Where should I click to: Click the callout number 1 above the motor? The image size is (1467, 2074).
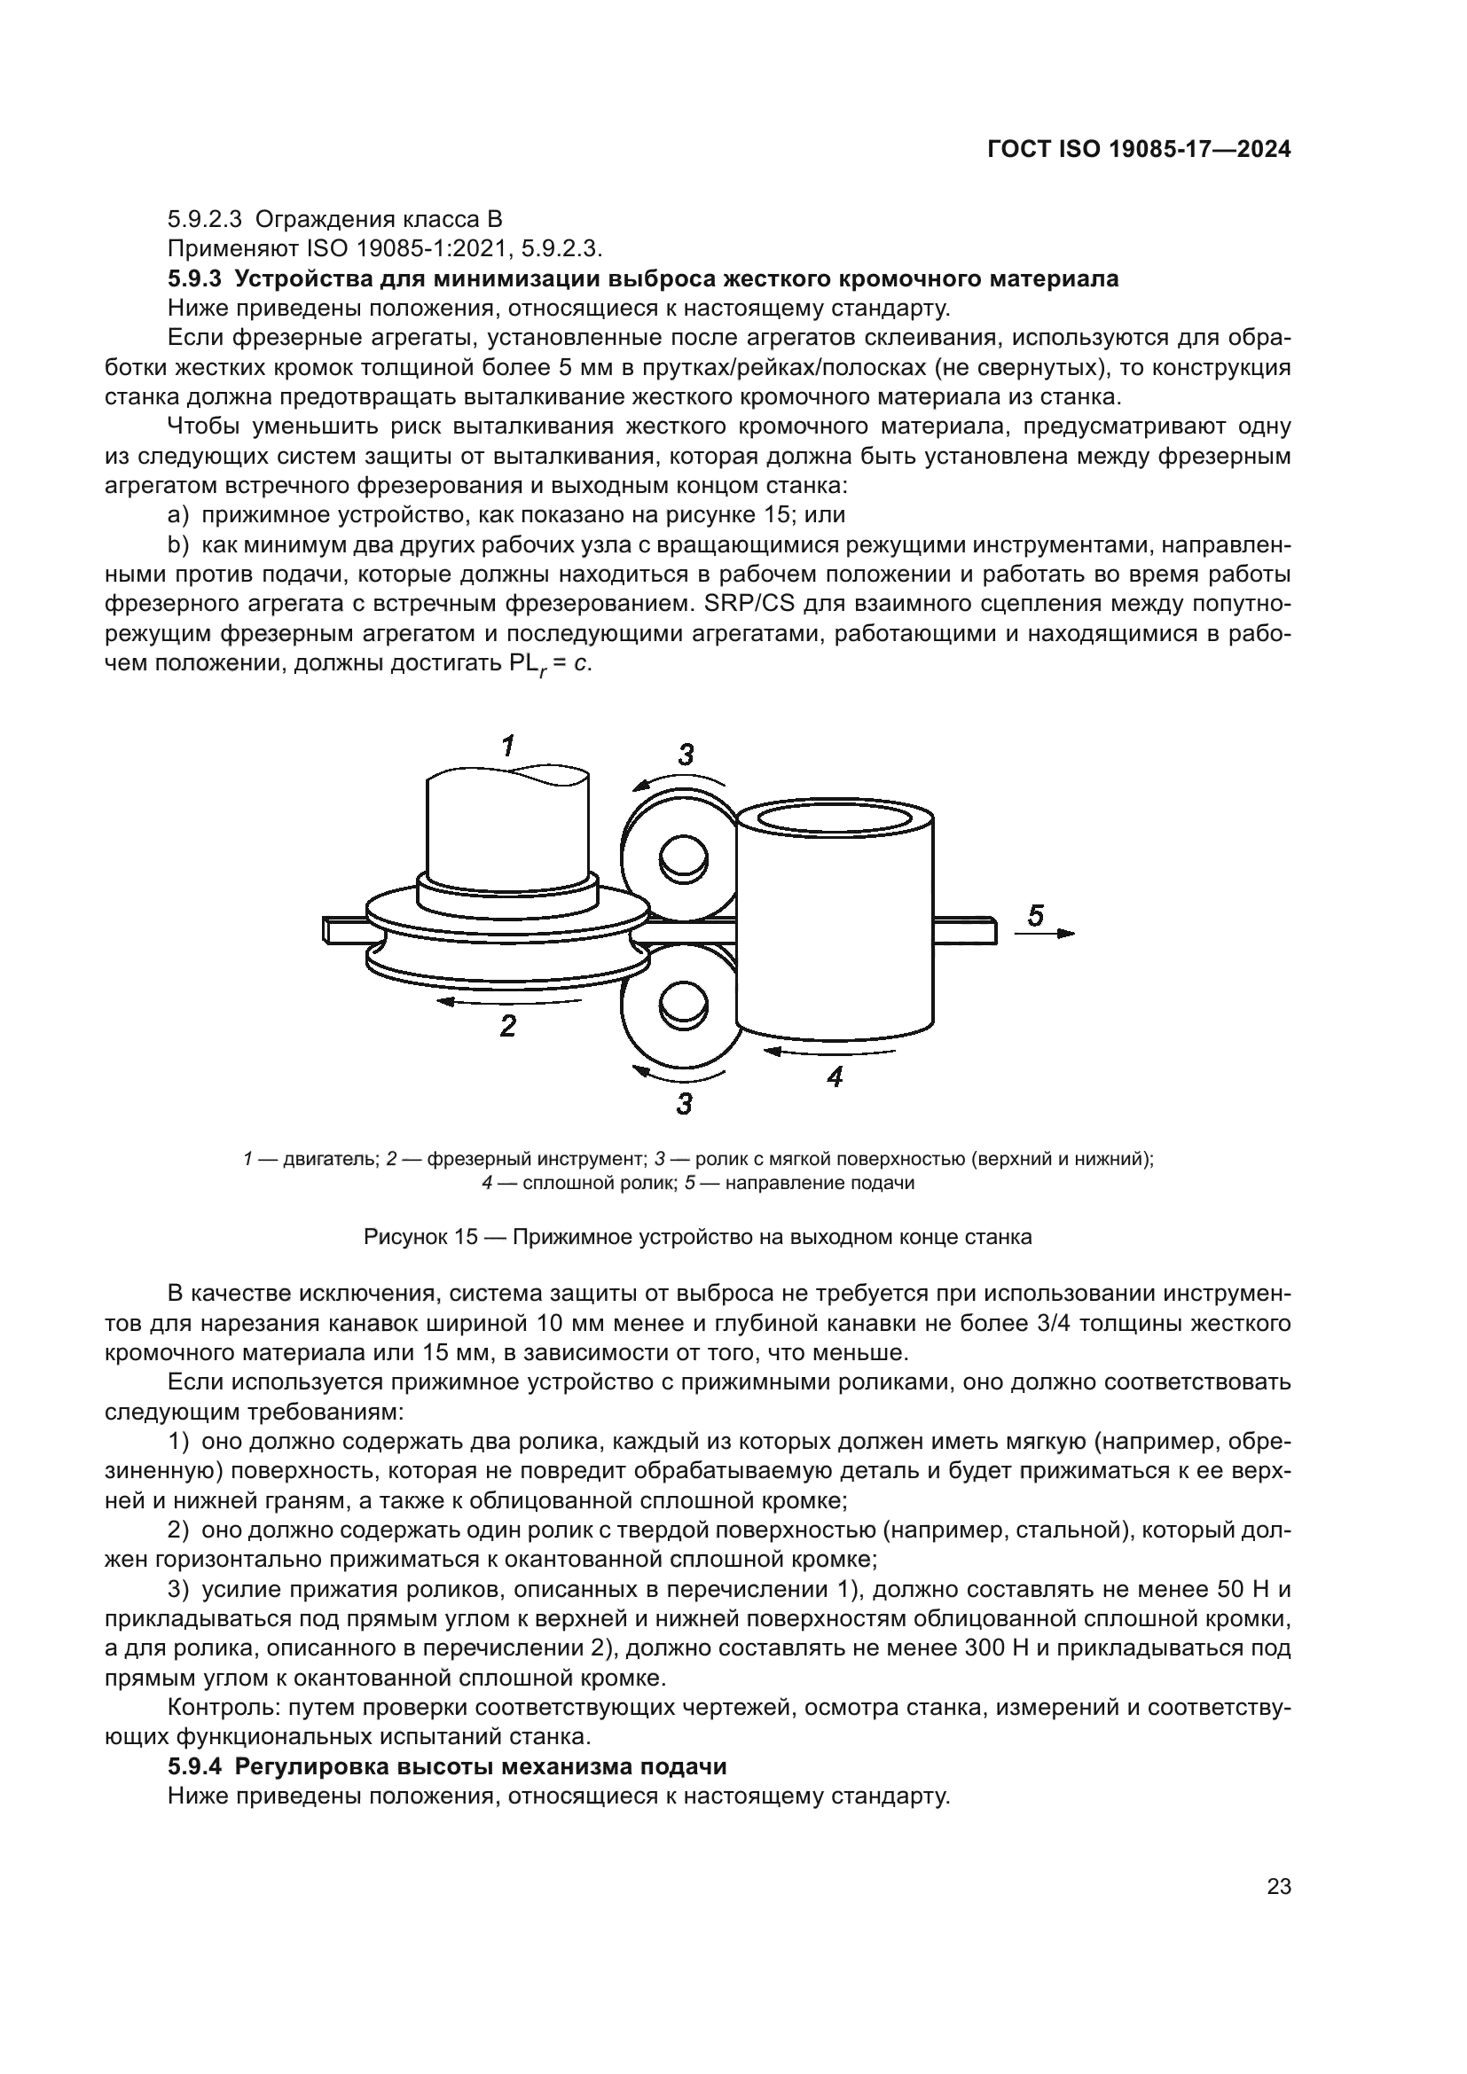coord(508,746)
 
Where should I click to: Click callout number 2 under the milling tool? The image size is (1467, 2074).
coord(508,1025)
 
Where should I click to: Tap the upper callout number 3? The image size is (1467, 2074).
coord(686,755)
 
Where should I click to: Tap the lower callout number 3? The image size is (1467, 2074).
coord(684,1103)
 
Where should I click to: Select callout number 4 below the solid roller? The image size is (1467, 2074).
coord(835,1076)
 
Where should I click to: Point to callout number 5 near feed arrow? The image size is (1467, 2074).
coord(1036,916)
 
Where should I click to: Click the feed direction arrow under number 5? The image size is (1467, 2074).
coord(1045,933)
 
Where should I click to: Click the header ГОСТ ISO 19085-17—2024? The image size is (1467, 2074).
coord(1139,150)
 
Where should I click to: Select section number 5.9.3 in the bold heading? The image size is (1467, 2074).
coord(195,279)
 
